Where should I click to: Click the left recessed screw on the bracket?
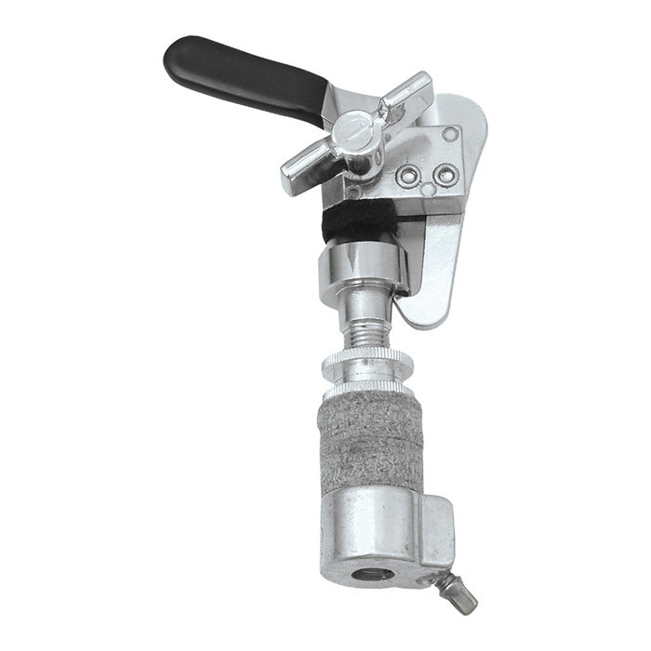tap(406, 174)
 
